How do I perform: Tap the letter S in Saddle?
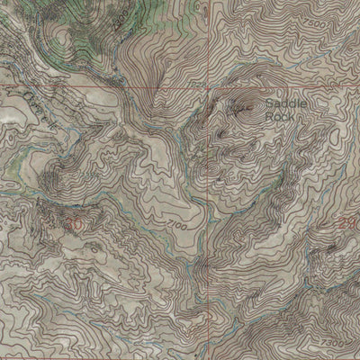tap(269, 104)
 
